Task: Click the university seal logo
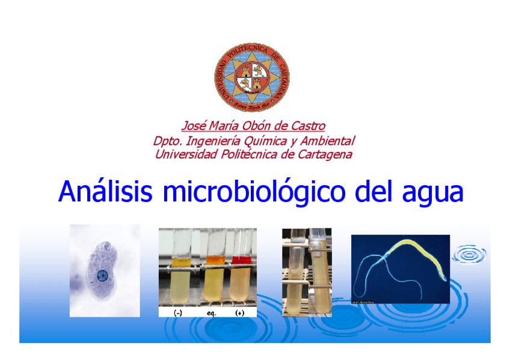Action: [x=252, y=77]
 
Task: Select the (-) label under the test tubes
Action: [x=179, y=313]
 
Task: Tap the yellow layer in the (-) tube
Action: [x=179, y=261]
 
